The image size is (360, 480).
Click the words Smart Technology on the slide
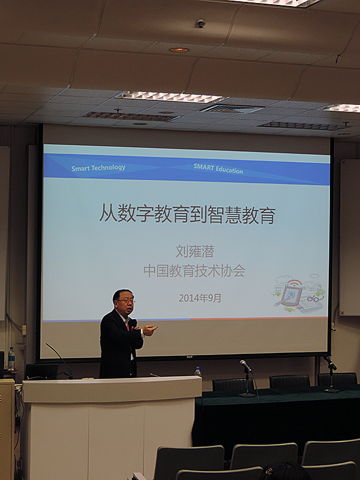click(98, 168)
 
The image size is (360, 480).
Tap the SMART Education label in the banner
click(218, 169)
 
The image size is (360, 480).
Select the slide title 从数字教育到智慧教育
click(187, 214)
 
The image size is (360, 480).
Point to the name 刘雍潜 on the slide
click(194, 251)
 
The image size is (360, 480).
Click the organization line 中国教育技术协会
click(194, 271)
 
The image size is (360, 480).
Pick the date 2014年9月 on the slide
click(200, 298)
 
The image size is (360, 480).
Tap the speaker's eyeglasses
click(126, 301)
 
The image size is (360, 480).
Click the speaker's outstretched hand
click(150, 329)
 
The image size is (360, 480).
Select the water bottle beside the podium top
click(198, 371)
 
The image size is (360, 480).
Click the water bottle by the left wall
click(11, 358)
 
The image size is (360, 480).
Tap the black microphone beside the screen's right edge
click(330, 363)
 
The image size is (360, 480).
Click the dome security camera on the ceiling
click(200, 23)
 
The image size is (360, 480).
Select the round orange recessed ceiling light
click(179, 50)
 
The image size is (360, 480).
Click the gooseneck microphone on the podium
click(59, 360)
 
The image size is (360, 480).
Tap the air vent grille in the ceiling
click(232, 109)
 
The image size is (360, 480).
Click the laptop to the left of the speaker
click(42, 371)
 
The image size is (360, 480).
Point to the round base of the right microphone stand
click(332, 390)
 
